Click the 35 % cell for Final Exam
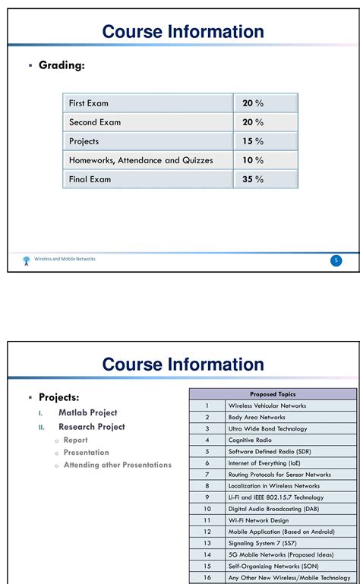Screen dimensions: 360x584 point(253,179)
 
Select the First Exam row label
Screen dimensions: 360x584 point(90,103)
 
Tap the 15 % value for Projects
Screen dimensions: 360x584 point(253,141)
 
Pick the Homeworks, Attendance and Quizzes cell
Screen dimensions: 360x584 point(141,160)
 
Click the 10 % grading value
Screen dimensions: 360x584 point(253,160)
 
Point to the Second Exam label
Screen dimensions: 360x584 point(95,122)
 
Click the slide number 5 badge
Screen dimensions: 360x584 point(336,260)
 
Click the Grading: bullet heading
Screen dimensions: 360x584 point(62,65)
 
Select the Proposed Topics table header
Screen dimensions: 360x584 point(273,394)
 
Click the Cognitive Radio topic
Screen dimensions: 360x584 point(250,440)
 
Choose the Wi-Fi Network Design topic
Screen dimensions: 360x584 point(259,520)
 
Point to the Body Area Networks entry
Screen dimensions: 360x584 point(257,417)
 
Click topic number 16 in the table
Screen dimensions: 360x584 point(207,578)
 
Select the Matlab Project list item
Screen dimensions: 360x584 point(88,412)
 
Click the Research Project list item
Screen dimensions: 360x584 point(92,427)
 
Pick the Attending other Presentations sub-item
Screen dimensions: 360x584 point(118,465)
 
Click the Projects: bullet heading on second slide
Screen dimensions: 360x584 point(59,397)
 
